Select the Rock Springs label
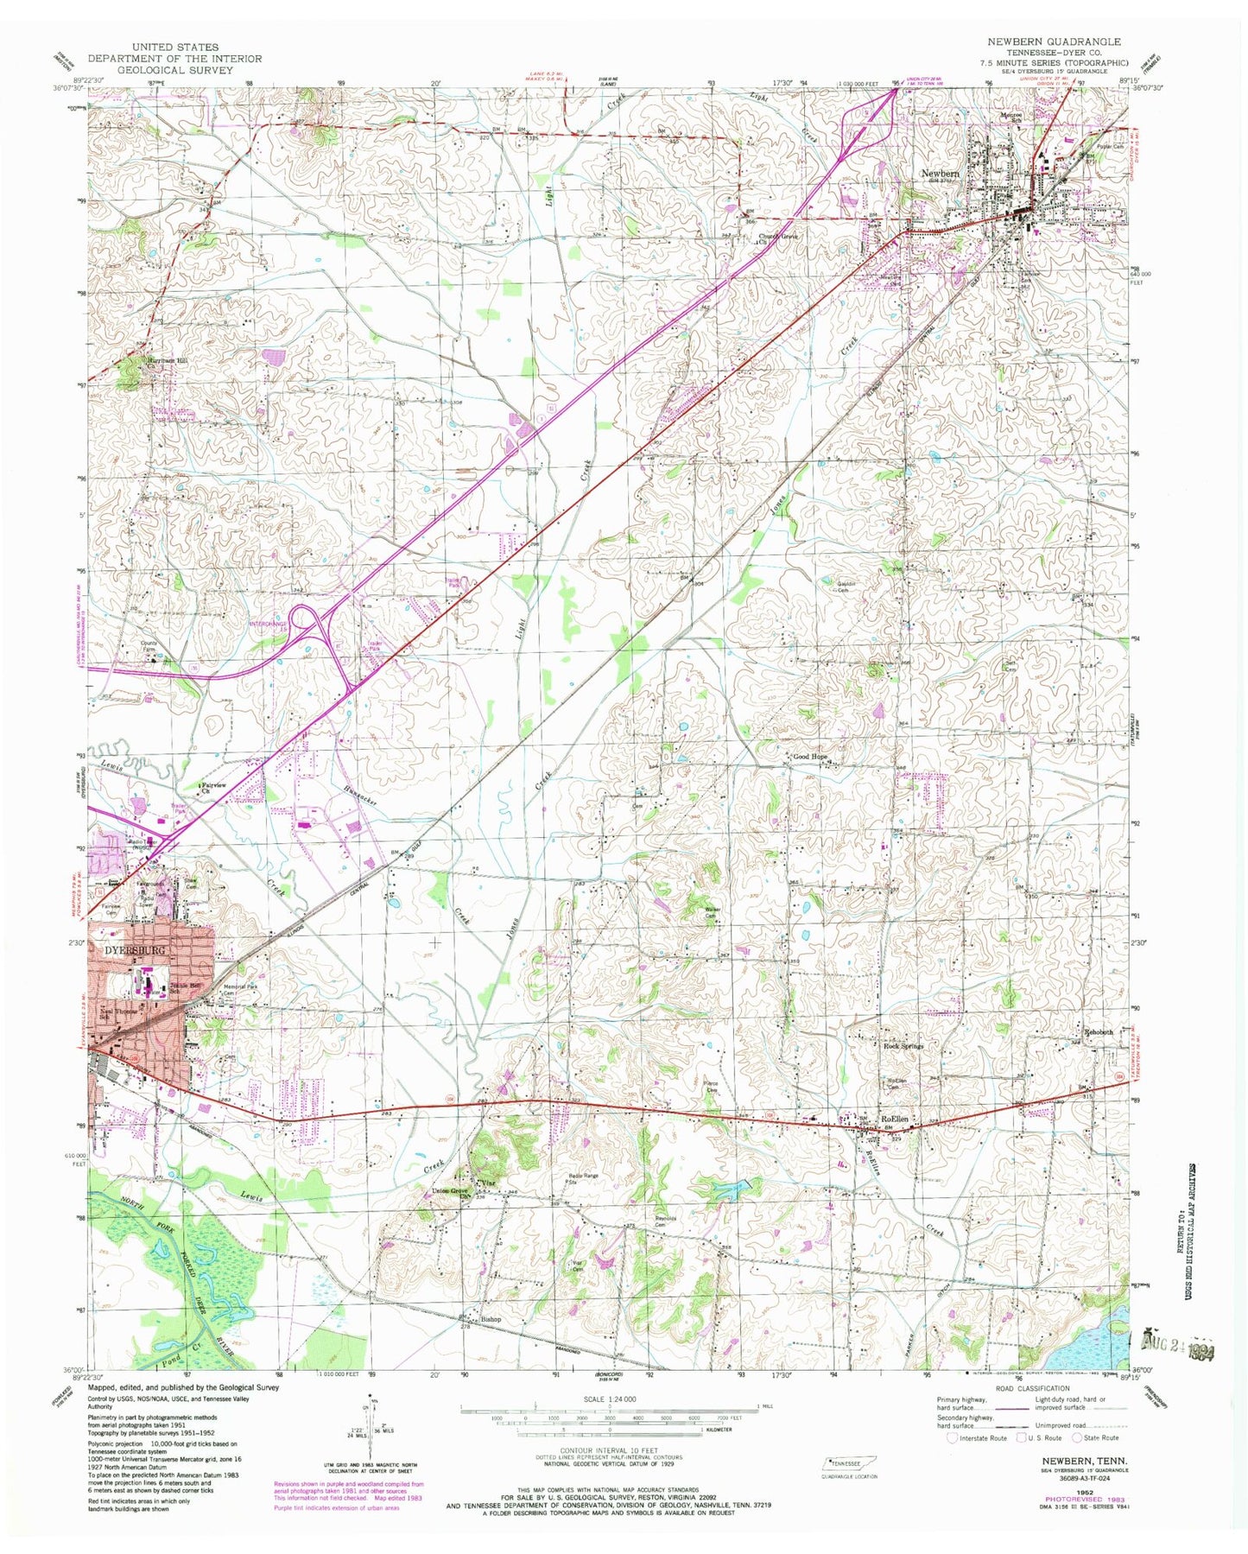tap(903, 1046)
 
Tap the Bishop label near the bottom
tap(491, 1319)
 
